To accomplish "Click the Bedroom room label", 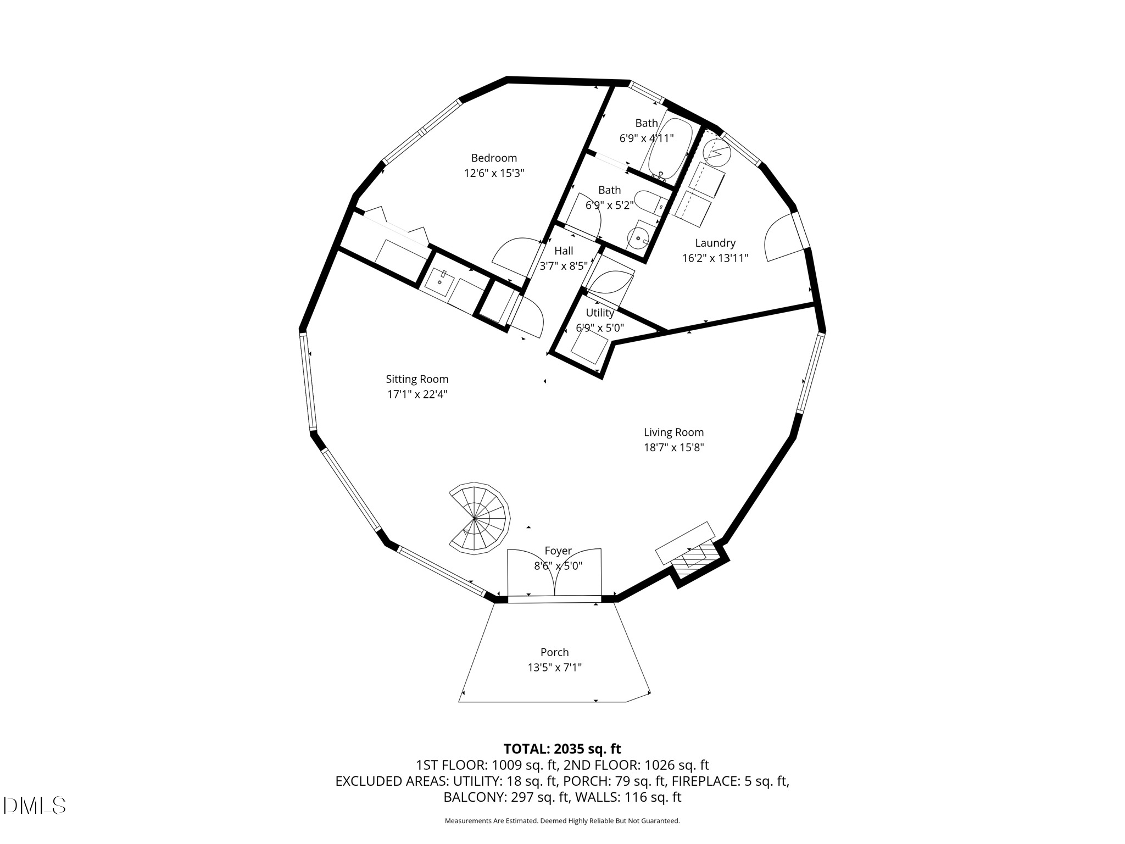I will (494, 158).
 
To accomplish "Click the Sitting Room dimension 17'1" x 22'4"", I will (417, 394).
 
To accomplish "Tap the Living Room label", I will (673, 432).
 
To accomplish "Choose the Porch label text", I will (554, 652).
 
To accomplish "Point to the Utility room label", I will (599, 313).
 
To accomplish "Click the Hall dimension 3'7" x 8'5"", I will (564, 266).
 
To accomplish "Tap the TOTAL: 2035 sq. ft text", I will (562, 749).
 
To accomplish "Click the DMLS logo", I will (34, 806).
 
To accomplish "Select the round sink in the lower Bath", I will (638, 238).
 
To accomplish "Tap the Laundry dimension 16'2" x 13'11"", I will (715, 258).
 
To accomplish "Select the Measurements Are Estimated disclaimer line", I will (562, 821).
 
